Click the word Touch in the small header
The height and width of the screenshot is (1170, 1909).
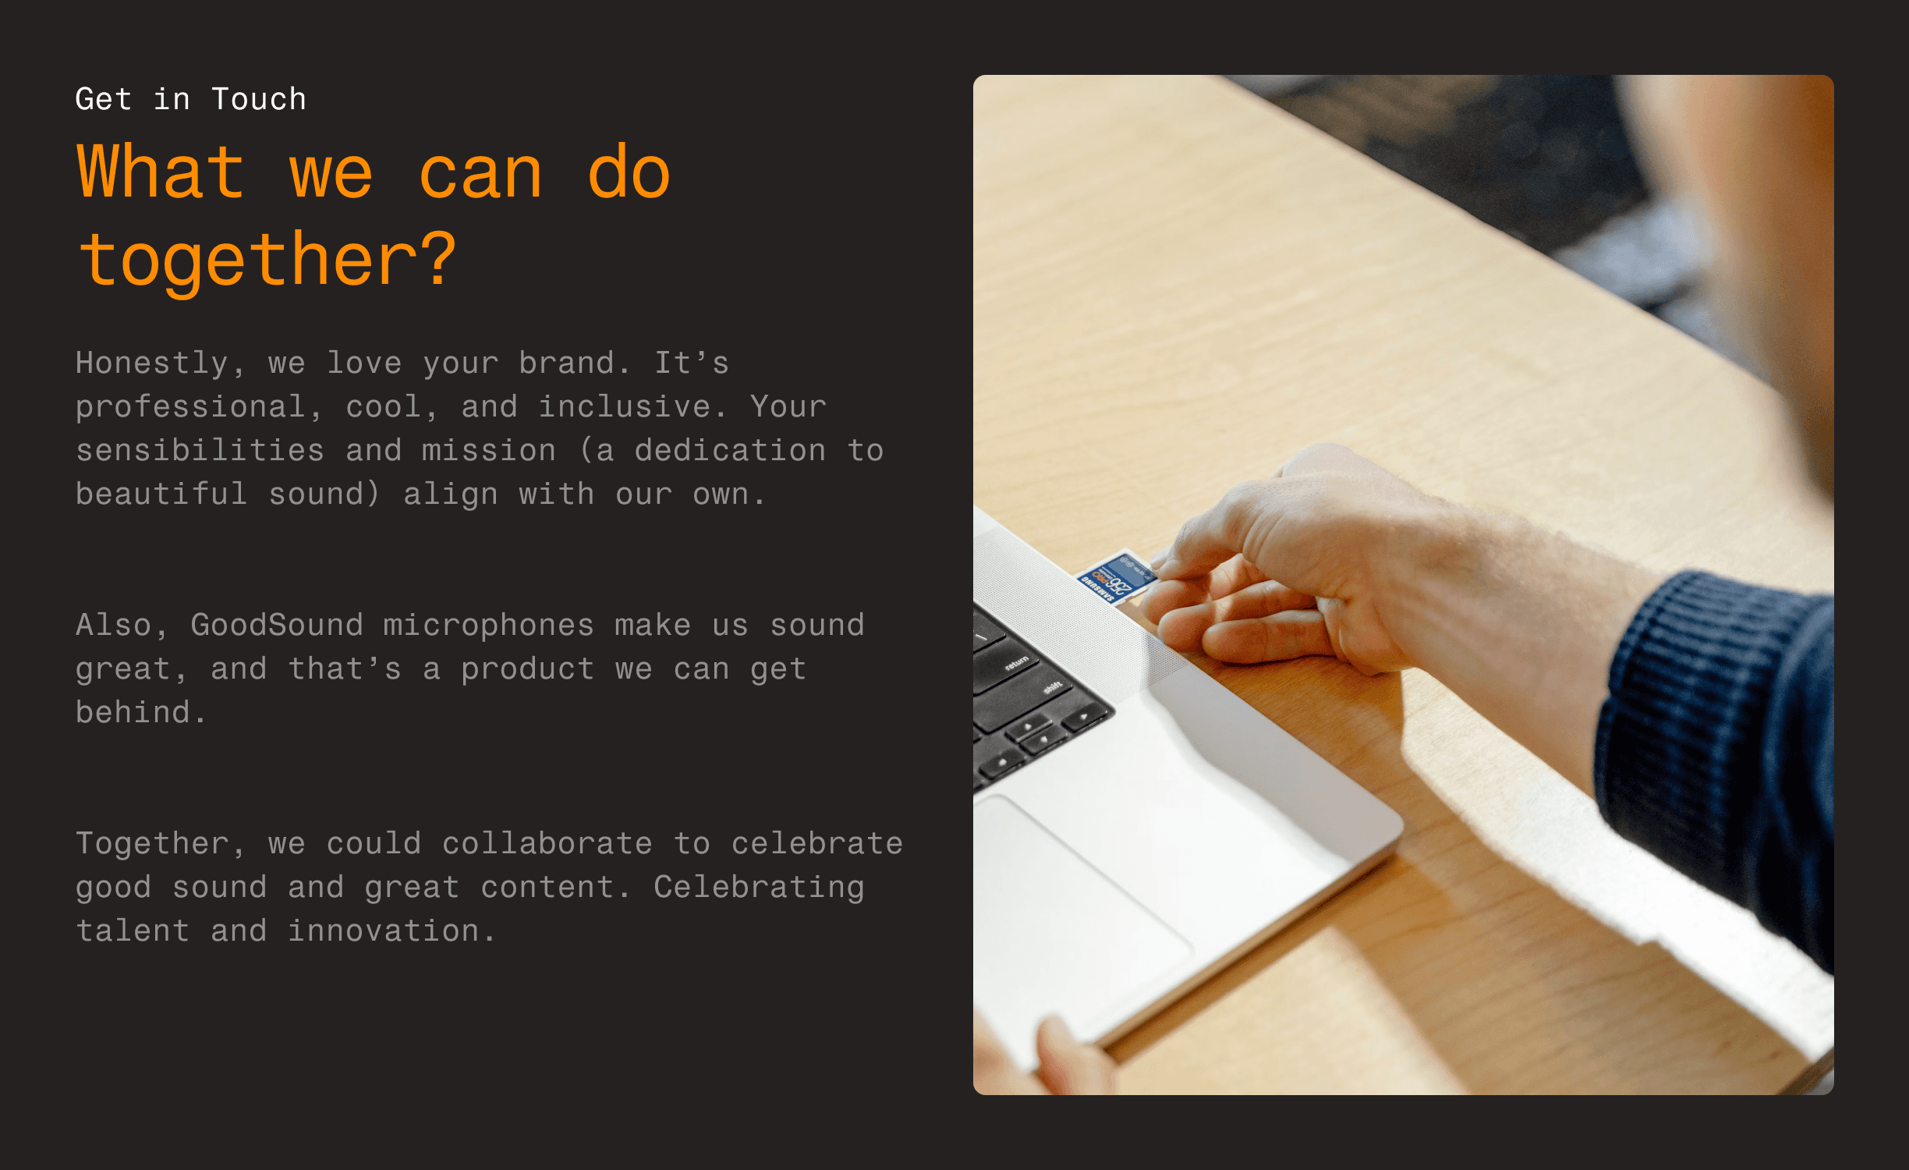(259, 99)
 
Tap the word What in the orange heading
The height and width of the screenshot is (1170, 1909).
(161, 172)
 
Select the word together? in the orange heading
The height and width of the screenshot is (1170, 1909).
(267, 261)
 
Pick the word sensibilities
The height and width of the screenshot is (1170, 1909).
(200, 450)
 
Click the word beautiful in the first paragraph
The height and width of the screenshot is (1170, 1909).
(161, 494)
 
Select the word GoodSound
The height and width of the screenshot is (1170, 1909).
(277, 625)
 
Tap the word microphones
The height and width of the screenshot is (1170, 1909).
(488, 626)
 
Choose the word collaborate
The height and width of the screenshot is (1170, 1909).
(547, 843)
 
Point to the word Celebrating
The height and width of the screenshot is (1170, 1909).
(759, 888)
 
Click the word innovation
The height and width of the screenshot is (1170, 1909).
(391, 931)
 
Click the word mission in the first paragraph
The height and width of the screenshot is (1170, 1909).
(488, 450)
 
